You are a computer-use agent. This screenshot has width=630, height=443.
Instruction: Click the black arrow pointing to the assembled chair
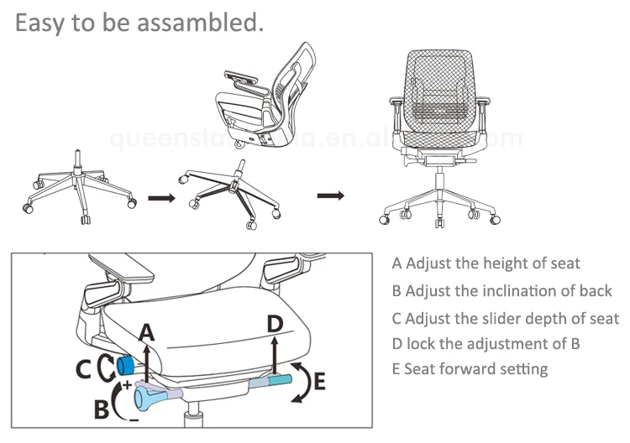(331, 195)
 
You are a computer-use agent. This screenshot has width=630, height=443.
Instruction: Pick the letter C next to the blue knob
(85, 367)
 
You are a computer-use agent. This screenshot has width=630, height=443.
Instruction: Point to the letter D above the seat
(276, 324)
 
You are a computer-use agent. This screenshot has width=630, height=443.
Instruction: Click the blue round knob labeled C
(126, 365)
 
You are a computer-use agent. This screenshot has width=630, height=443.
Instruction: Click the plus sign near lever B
(128, 384)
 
